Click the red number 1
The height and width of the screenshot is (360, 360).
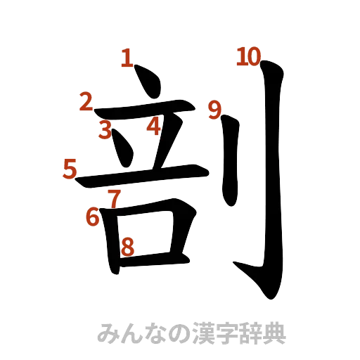[x=127, y=58]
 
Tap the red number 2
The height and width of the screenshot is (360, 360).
[x=86, y=103]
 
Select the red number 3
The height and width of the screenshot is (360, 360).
[x=105, y=130]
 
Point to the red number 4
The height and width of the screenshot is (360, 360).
[x=155, y=127]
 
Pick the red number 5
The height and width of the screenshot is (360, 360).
[x=70, y=169]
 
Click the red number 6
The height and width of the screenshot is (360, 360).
[x=93, y=218]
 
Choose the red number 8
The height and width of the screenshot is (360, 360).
[x=127, y=246]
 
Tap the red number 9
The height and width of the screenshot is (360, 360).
[x=215, y=109]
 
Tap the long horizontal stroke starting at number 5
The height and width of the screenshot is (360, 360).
[x=141, y=176]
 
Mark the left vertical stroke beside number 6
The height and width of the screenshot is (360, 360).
[x=110, y=236]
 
